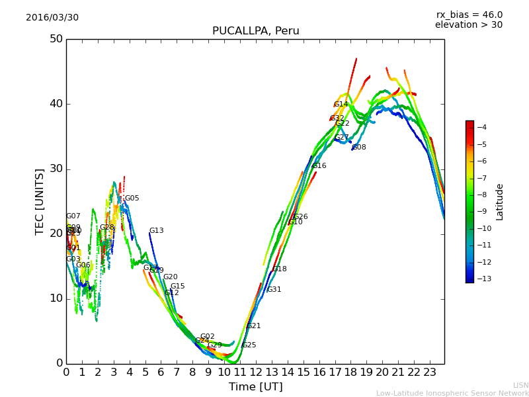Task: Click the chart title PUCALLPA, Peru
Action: pyautogui.click(x=255, y=31)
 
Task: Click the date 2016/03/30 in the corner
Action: pyautogui.click(x=52, y=17)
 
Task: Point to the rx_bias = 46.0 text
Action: pyautogui.click(x=469, y=15)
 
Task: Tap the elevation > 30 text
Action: pyautogui.click(x=468, y=25)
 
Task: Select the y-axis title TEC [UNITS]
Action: pyautogui.click(x=40, y=201)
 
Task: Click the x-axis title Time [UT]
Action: pyautogui.click(x=255, y=387)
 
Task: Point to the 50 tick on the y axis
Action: pyautogui.click(x=56, y=38)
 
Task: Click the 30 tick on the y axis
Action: pyautogui.click(x=56, y=169)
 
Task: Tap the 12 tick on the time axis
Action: pyautogui.click(x=256, y=373)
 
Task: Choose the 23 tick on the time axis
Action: pyautogui.click(x=430, y=373)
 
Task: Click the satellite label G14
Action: pyautogui.click(x=341, y=105)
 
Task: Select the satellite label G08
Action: pyautogui.click(x=359, y=148)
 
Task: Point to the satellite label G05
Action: pyautogui.click(x=132, y=198)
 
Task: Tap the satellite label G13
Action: pyautogui.click(x=156, y=231)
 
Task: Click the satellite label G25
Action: pyautogui.click(x=249, y=345)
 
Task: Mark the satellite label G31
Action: pyautogui.click(x=274, y=290)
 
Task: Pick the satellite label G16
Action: pyautogui.click(x=319, y=166)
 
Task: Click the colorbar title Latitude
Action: pyautogui.click(x=500, y=202)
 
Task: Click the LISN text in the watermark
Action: pyautogui.click(x=521, y=385)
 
